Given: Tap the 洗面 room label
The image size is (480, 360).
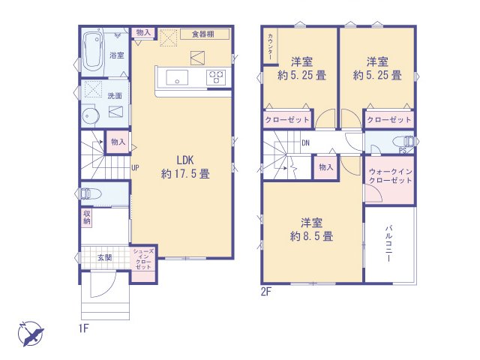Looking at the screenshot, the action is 115,96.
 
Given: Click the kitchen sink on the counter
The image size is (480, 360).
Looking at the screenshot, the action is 177,77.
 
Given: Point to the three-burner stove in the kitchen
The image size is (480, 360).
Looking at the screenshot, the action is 216,76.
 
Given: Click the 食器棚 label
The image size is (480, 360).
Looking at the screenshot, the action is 203,34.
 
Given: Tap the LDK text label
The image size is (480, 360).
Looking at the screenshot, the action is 185,160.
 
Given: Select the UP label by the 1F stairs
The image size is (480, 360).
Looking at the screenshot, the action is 135,167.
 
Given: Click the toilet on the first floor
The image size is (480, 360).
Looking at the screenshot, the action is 91,193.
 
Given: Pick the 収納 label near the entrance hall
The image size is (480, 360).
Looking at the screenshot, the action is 87,217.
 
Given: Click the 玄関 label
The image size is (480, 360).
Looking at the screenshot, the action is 104,257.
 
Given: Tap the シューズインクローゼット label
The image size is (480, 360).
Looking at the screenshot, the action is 143,259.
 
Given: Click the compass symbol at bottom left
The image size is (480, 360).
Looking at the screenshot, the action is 31,334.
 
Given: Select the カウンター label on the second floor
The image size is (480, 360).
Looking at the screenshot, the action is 270,46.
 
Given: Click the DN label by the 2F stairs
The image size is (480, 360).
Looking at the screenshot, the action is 305,142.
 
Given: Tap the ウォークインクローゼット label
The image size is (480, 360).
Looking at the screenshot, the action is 390,175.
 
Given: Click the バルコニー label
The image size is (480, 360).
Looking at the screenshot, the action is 388,244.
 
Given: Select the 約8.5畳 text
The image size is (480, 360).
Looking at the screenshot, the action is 311,236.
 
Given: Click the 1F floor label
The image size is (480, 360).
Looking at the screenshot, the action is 83,328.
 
